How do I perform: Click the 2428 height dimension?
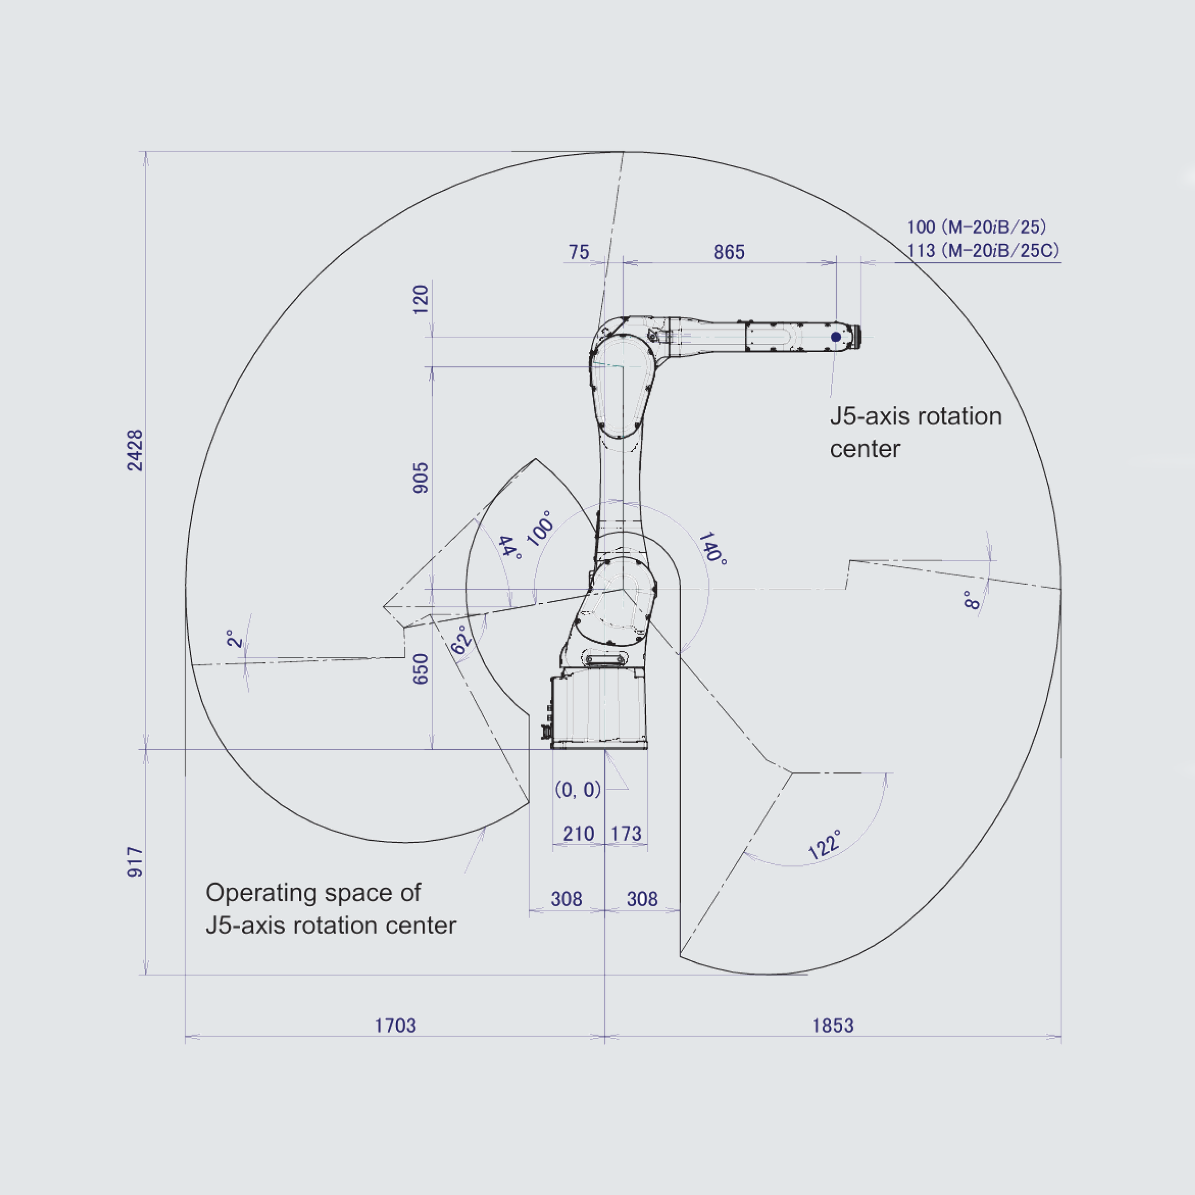[135, 450]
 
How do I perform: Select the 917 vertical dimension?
[135, 862]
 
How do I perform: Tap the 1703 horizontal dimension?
[395, 1025]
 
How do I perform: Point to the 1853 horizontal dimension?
[833, 1025]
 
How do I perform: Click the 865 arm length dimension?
[729, 252]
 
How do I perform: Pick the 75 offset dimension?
[579, 252]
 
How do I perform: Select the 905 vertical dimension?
[421, 478]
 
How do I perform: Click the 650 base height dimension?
[421, 669]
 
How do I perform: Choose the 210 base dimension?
[578, 834]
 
